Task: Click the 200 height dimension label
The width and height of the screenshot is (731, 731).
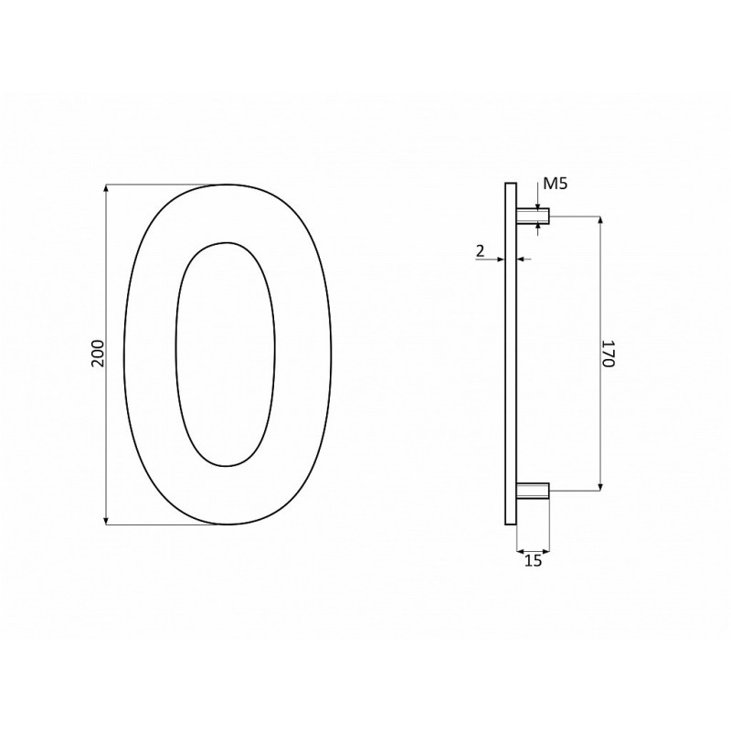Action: click(x=99, y=354)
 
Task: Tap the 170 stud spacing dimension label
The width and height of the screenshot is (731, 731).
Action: click(x=609, y=354)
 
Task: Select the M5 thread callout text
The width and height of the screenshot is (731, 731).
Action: click(x=556, y=185)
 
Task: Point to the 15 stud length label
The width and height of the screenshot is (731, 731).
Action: click(x=534, y=561)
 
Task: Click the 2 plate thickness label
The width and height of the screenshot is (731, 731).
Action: click(x=481, y=251)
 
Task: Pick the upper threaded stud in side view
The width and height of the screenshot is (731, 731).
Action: click(x=533, y=217)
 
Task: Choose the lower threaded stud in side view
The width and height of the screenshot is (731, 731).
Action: click(x=533, y=492)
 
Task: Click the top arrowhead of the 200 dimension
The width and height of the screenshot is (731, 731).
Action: click(x=107, y=188)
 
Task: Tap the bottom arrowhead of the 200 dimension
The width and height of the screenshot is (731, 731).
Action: click(x=107, y=520)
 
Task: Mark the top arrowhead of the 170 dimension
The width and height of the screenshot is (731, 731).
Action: click(x=600, y=220)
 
